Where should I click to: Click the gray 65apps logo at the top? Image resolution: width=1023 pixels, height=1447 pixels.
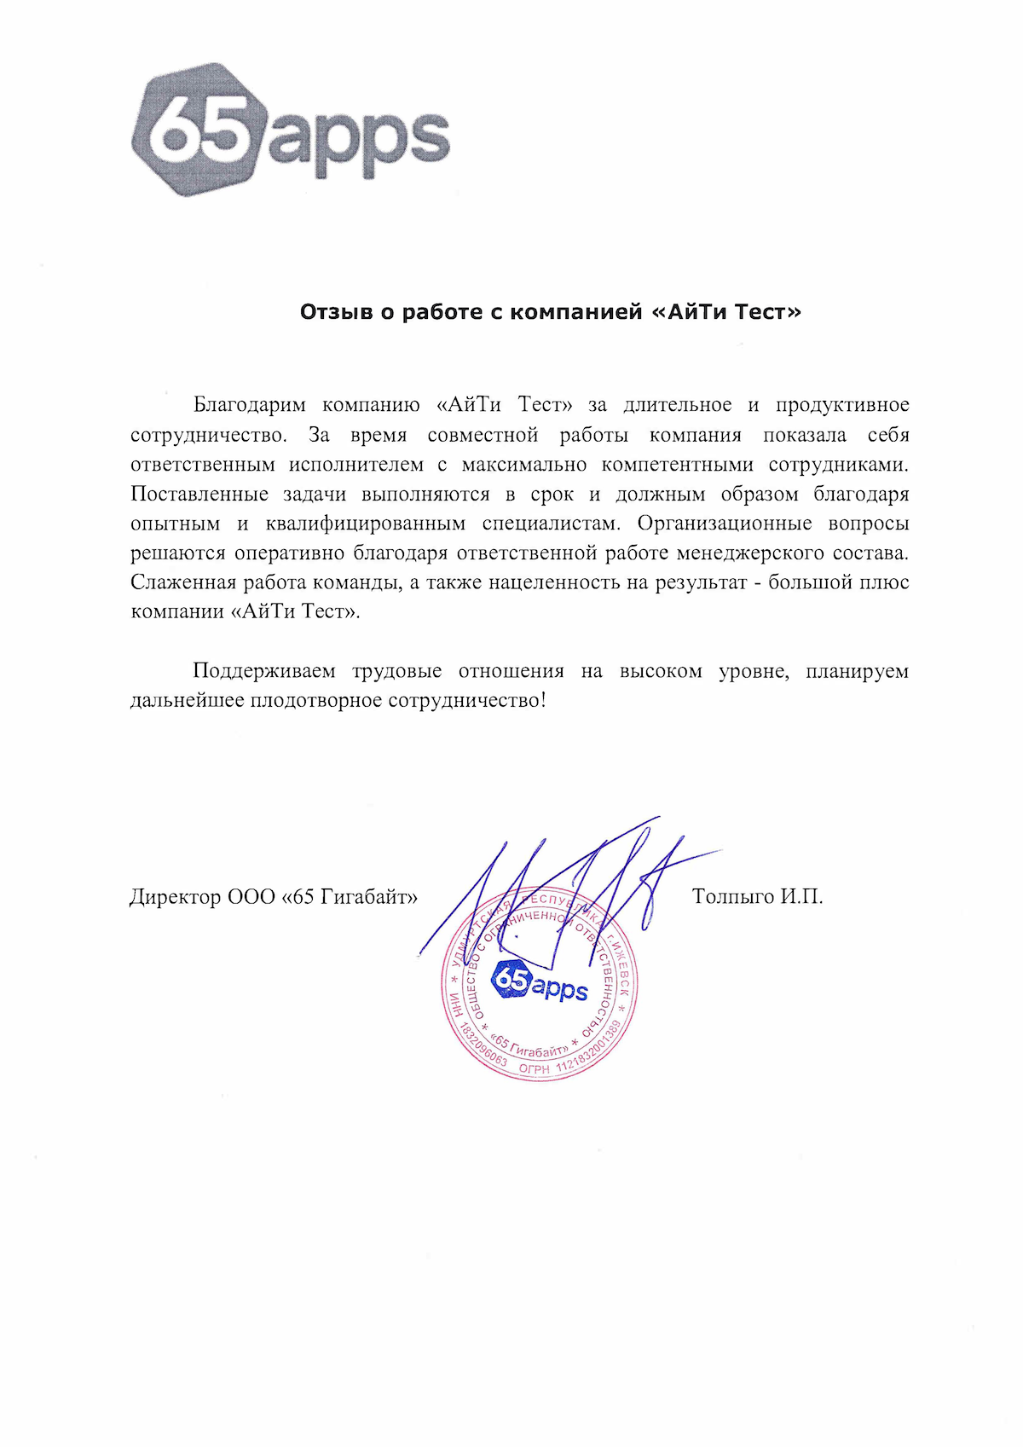coord(290,130)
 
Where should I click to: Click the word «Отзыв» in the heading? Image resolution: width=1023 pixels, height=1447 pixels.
coord(336,312)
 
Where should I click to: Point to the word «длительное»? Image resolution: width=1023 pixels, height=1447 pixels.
coord(677,405)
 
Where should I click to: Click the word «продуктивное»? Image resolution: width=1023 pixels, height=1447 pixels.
coord(842,405)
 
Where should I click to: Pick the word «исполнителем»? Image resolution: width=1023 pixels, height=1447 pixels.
coord(355,465)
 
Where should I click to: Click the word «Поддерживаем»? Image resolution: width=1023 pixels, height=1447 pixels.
coord(264,671)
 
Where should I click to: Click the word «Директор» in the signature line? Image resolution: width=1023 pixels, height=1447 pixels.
coord(174,897)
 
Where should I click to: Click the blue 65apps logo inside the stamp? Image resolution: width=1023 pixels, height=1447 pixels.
coord(540,981)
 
